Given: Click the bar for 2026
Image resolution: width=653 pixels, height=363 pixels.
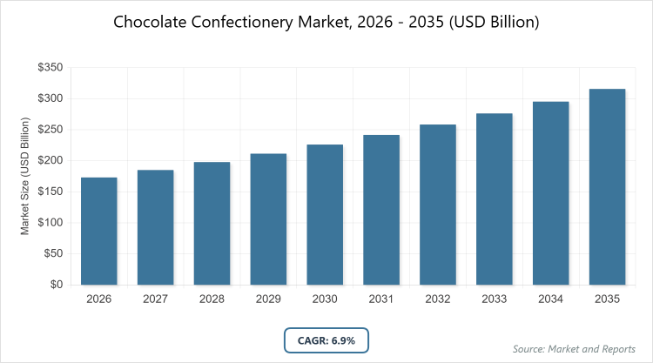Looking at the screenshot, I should click(98, 231).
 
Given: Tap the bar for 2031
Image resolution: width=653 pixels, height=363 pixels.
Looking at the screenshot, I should click(381, 210).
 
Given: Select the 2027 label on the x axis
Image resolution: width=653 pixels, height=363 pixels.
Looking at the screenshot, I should click(155, 299).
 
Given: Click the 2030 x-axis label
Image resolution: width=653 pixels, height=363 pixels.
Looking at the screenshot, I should click(325, 299).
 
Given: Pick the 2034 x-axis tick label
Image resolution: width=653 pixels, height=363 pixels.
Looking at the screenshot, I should click(551, 299).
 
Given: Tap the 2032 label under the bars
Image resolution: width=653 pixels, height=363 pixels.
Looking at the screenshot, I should click(438, 299).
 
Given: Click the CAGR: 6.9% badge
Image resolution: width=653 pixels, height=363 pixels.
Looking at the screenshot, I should click(326, 339).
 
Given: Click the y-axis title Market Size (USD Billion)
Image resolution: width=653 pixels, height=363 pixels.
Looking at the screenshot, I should click(26, 176).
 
